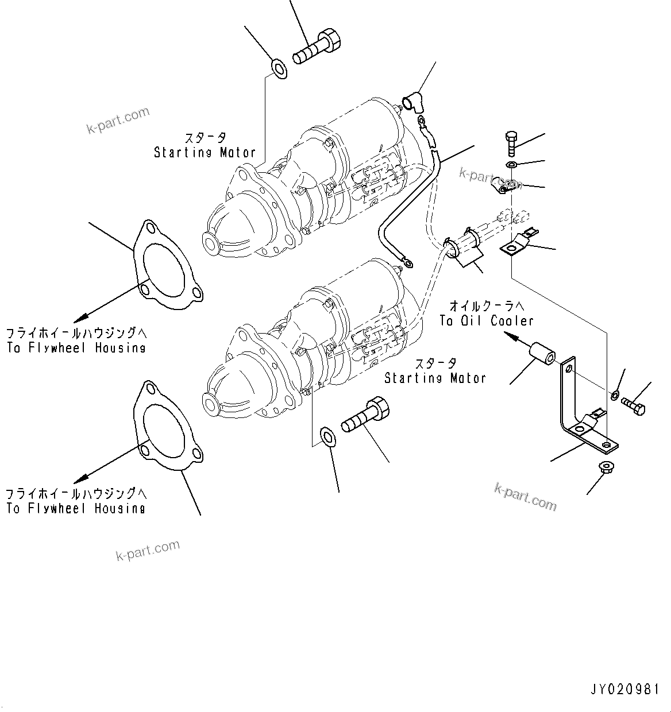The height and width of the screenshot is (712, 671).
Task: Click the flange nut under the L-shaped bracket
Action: tap(604, 467)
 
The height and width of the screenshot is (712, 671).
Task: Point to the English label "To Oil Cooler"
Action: tap(487, 321)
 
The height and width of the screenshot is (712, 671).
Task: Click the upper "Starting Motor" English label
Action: tap(205, 152)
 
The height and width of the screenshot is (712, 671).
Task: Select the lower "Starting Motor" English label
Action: tap(435, 378)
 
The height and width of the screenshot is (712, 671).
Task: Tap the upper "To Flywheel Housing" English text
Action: tap(76, 347)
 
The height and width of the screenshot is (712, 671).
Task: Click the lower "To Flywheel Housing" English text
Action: tap(76, 508)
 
